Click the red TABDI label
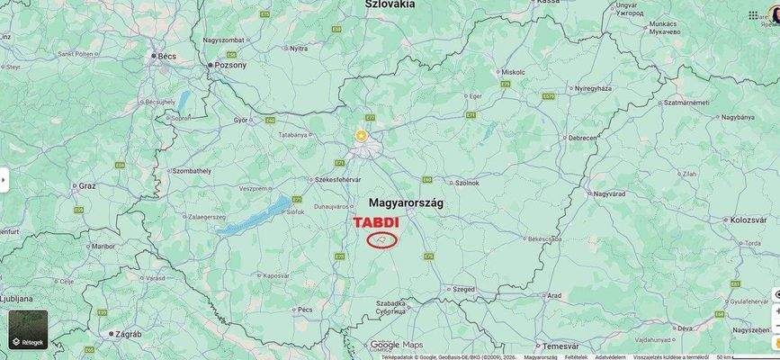pyautogui.click(x=375, y=222)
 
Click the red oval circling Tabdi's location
pyautogui.click(x=382, y=239)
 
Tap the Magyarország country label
pyautogui.click(x=406, y=203)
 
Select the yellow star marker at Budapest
pyautogui.click(x=361, y=136)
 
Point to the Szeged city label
pyautogui.click(x=464, y=289)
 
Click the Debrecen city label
pyautogui.click(x=582, y=138)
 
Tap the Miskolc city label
pyautogui.click(x=513, y=72)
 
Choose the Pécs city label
pyautogui.click(x=305, y=310)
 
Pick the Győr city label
pyautogui.click(x=240, y=120)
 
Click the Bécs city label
pyautogui.click(x=167, y=56)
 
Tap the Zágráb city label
pyautogui.click(x=129, y=333)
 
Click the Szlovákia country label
pyautogui.click(x=390, y=4)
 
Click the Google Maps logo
pyautogui.click(x=396, y=345)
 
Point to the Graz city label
pyautogui.click(x=87, y=185)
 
